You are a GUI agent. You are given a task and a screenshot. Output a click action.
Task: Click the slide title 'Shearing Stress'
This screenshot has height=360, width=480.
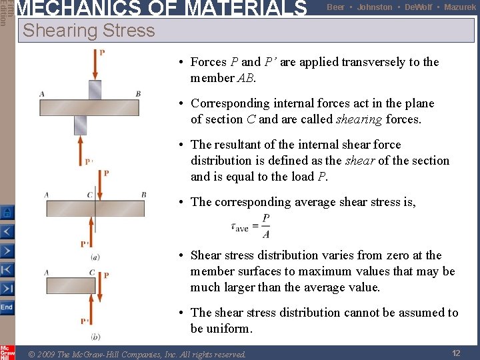click(x=89, y=31)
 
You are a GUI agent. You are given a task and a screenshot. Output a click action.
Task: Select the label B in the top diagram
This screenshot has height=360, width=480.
click(x=138, y=94)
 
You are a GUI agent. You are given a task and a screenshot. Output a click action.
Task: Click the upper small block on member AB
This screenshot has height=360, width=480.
click(x=95, y=89)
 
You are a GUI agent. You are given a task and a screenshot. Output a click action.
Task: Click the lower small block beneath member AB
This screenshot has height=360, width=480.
click(x=81, y=124)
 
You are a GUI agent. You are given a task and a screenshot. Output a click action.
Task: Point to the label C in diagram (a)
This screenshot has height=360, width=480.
click(x=89, y=195)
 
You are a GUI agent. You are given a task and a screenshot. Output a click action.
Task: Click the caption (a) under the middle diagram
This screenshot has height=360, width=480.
click(x=95, y=257)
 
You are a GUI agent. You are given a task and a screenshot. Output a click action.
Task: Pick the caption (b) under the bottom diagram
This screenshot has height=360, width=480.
click(x=95, y=337)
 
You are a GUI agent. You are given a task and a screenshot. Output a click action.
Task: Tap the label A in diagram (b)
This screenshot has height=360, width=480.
click(x=47, y=272)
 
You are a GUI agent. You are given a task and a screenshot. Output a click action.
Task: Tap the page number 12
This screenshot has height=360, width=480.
click(x=456, y=353)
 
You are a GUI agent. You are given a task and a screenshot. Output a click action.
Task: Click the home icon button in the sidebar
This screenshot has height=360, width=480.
click(x=7, y=213)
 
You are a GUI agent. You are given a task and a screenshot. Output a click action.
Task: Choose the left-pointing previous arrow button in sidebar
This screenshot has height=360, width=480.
click(x=7, y=232)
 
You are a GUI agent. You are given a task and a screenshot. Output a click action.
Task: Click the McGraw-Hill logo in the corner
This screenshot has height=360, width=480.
click(x=7, y=352)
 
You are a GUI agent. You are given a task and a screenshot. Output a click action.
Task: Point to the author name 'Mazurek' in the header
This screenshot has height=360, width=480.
click(x=460, y=7)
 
